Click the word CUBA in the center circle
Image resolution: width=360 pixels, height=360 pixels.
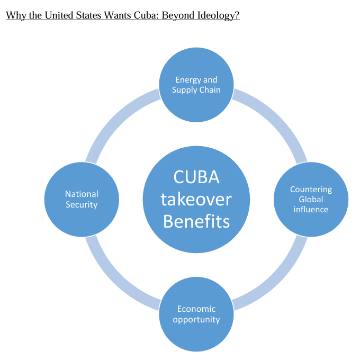196,177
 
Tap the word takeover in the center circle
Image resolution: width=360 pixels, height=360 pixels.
196,199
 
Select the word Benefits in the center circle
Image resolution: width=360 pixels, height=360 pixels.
196,221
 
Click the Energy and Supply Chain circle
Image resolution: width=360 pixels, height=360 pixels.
196,85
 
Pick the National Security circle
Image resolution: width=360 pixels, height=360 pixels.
82,199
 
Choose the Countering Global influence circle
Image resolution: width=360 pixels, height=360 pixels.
311,199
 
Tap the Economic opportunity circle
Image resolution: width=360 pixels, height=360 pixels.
196,314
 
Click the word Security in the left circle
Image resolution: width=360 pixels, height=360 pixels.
82,204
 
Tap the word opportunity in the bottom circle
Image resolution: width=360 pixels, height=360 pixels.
196,320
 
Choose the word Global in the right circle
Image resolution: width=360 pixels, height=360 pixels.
311,199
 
